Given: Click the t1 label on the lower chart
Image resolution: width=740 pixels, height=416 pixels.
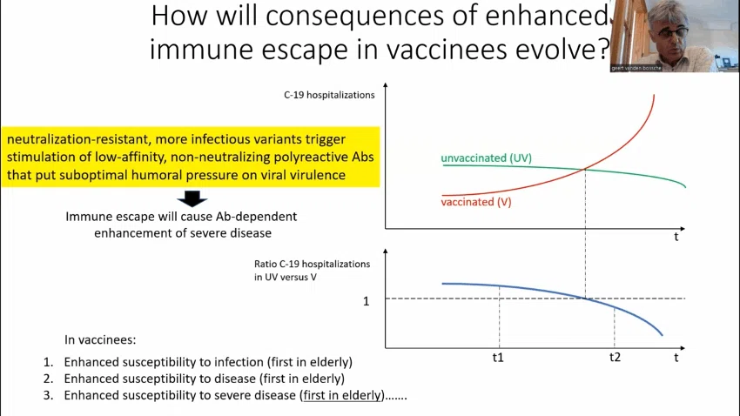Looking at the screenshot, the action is pyautogui.click(x=498, y=358).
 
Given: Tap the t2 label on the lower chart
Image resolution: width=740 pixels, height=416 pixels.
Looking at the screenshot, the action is pyautogui.click(x=615, y=357).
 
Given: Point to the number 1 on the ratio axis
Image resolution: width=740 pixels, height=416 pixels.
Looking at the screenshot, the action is pyautogui.click(x=366, y=301).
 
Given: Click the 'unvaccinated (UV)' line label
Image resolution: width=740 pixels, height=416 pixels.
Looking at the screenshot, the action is pyautogui.click(x=486, y=158).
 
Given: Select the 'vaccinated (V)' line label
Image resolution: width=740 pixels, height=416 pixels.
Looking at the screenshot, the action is pyautogui.click(x=476, y=202).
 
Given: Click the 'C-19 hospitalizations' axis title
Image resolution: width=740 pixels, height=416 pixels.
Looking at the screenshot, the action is pyautogui.click(x=329, y=95).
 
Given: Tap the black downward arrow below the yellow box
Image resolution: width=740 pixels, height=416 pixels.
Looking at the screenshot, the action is pyautogui.click(x=192, y=198).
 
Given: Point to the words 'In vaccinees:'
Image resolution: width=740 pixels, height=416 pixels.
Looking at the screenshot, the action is pyautogui.click(x=100, y=339).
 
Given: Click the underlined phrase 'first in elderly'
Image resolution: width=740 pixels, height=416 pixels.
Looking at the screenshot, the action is pyautogui.click(x=341, y=395).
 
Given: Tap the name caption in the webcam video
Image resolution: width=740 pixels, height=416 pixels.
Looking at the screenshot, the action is pyautogui.click(x=636, y=69).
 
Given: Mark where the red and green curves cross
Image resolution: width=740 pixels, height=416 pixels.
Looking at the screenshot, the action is pyautogui.click(x=585, y=169).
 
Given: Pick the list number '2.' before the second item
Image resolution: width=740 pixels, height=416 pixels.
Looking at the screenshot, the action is pyautogui.click(x=48, y=379).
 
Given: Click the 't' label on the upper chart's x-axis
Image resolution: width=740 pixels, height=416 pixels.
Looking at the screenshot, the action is pyautogui.click(x=676, y=237).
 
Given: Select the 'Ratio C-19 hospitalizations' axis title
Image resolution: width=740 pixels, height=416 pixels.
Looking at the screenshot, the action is pyautogui.click(x=312, y=264).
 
